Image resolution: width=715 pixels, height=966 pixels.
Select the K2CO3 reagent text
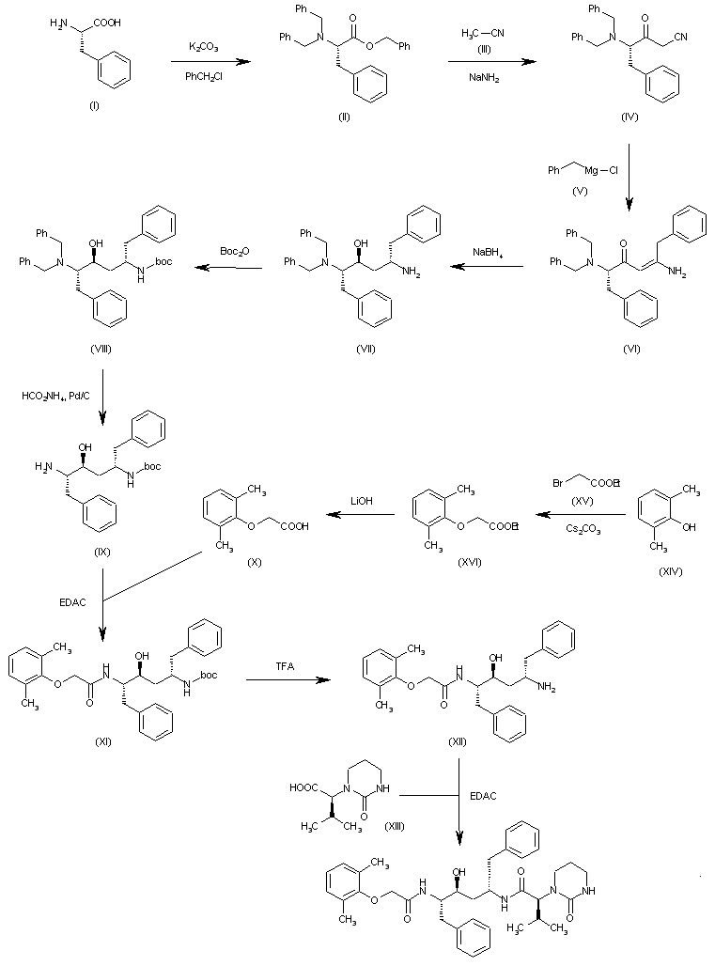click(x=204, y=46)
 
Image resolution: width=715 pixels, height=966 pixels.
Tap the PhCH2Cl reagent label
click(x=204, y=78)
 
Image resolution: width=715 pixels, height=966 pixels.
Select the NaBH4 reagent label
click(x=487, y=252)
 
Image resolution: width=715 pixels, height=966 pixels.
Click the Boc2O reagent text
click(x=234, y=252)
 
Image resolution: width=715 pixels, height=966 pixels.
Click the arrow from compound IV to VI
click(x=630, y=179)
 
